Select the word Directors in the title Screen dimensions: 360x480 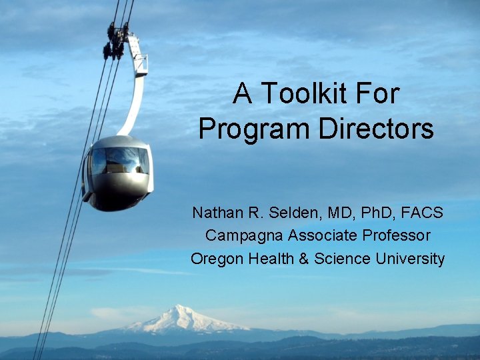[376, 129]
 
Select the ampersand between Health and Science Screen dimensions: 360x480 [304, 258]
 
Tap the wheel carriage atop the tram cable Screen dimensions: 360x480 [117, 40]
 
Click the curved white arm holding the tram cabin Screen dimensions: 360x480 [137, 93]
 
